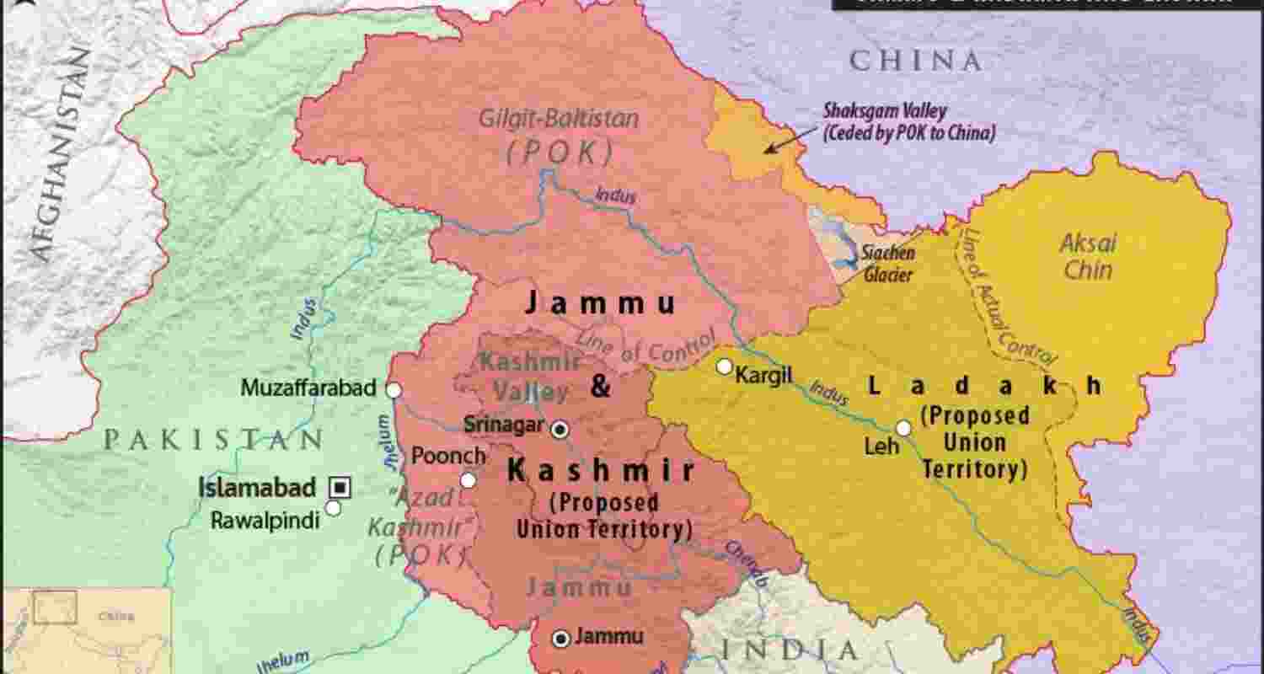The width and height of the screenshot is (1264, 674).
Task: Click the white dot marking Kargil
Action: [x=724, y=366]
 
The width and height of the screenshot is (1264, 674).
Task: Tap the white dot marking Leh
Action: [x=903, y=428]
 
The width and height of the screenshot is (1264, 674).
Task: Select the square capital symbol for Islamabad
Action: [x=340, y=486]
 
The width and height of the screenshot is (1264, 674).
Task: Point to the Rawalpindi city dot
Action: [x=333, y=508]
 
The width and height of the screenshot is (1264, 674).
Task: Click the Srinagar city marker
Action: [x=560, y=431]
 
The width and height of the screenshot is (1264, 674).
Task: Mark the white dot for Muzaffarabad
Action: [x=393, y=389]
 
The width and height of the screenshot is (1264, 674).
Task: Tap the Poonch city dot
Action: [x=468, y=480]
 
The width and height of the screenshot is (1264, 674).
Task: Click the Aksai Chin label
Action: [x=1087, y=257]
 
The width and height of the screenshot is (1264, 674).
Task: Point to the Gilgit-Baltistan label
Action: [x=558, y=119]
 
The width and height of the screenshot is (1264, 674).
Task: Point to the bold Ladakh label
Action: [x=984, y=387]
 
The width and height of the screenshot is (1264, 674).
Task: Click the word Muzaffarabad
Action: [x=308, y=388]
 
